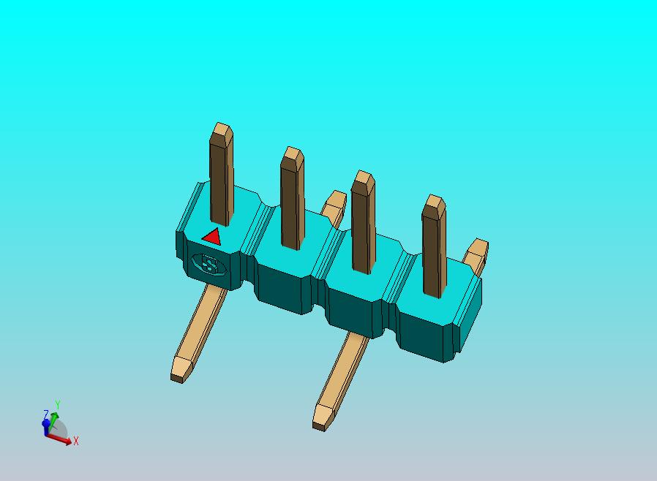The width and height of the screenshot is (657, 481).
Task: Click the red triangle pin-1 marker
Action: point(212,237)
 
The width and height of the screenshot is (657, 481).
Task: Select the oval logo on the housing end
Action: point(209,264)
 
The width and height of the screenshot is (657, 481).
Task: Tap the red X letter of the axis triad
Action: point(76,442)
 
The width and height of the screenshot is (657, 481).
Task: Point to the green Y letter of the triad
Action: point(58,404)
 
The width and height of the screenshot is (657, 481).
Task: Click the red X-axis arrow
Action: point(61,439)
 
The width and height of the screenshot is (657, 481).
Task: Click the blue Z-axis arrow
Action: point(46,426)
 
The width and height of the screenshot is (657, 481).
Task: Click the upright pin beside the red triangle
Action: point(221,179)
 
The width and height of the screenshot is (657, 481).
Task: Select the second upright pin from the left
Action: point(292,201)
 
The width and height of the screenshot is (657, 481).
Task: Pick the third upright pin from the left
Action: point(363,223)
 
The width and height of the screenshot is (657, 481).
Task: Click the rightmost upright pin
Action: point(434,249)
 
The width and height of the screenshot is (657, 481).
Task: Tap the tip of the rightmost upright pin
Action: point(435,202)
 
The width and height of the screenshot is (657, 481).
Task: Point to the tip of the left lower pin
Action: point(179,371)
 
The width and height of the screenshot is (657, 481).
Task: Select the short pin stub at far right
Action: point(477,254)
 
